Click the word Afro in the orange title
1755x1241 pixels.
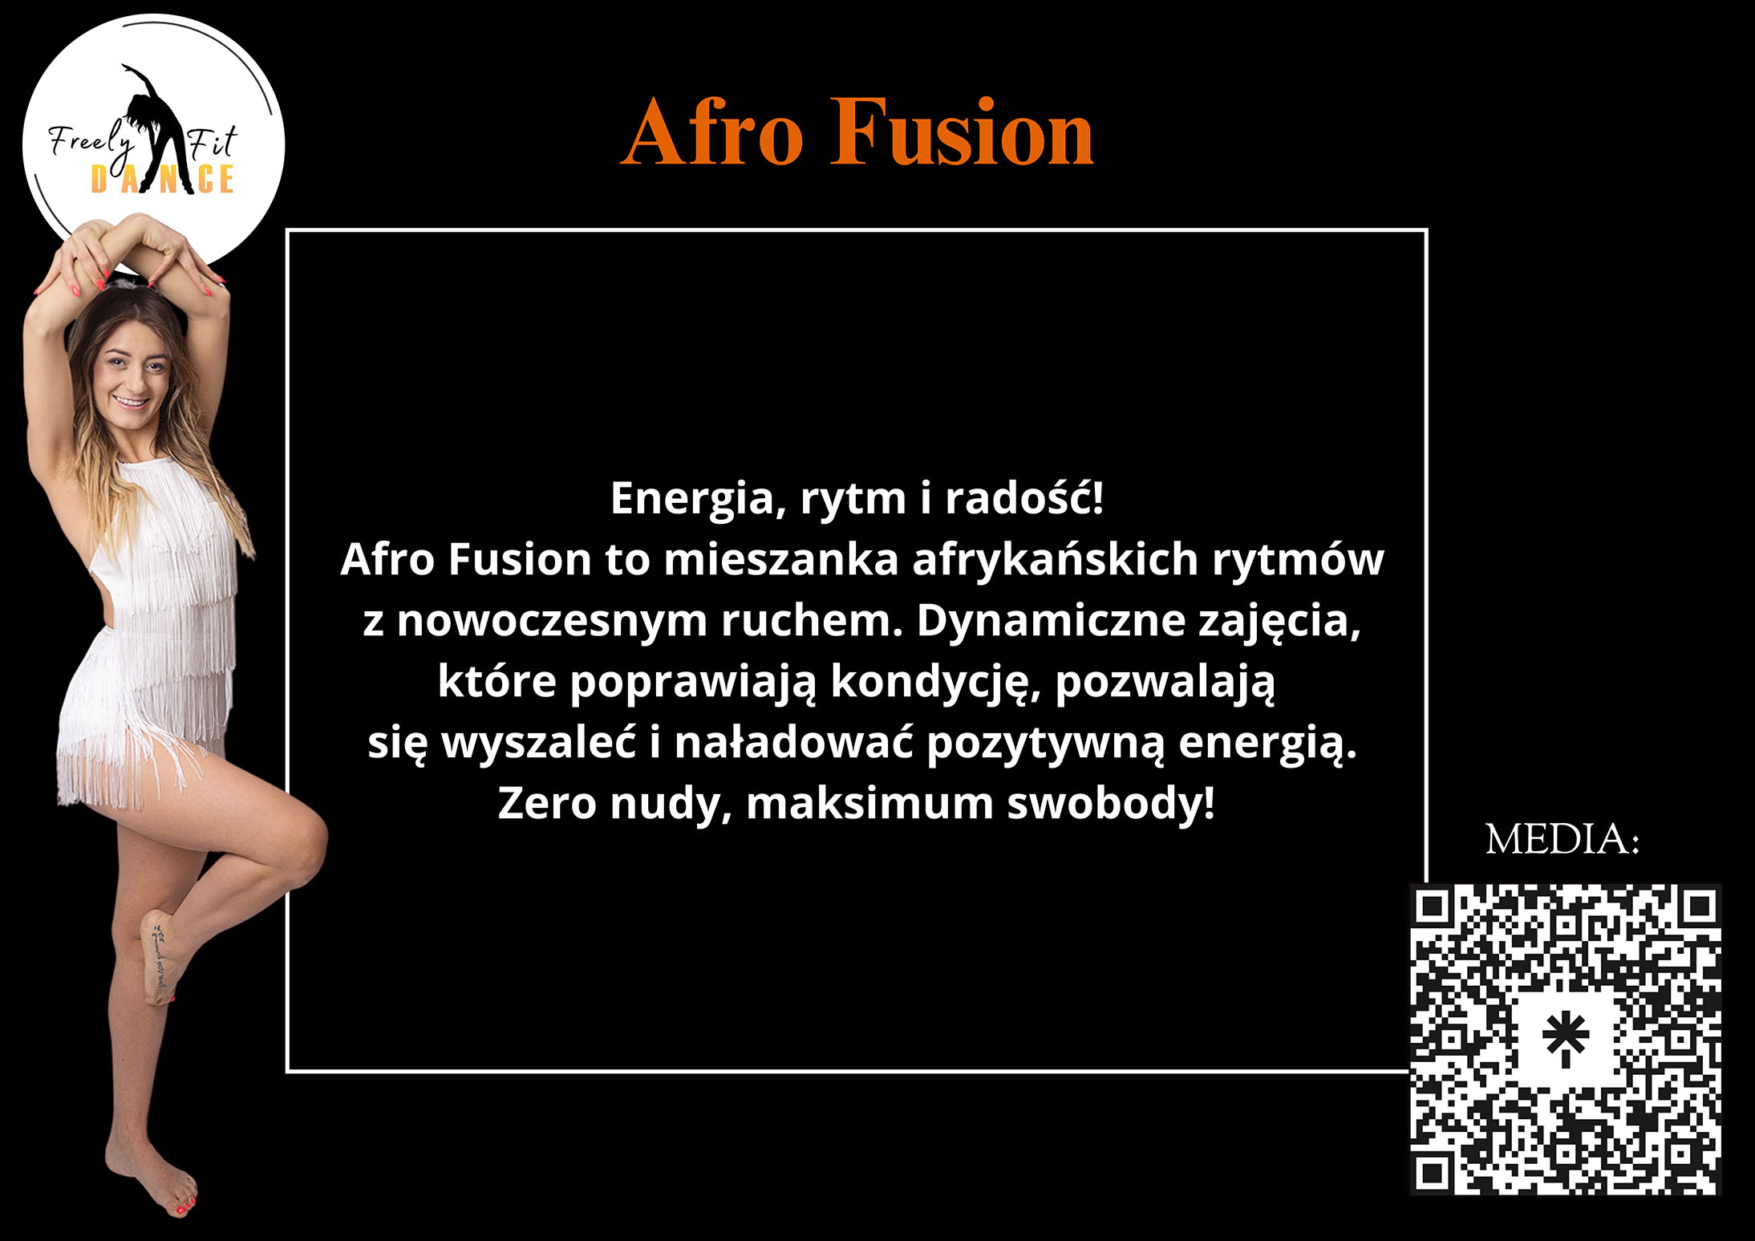711,132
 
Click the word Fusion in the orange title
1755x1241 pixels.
962,132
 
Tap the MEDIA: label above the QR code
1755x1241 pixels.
1562,840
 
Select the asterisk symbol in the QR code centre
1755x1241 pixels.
1565,1039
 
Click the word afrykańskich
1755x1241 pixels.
1055,559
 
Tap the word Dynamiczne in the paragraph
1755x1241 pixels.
1051,621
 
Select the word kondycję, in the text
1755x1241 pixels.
935,683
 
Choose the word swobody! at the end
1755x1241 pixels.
1111,803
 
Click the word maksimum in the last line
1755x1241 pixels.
869,803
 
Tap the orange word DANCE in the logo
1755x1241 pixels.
162,180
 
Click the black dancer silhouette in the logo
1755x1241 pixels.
156,128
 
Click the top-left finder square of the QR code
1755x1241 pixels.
1433,907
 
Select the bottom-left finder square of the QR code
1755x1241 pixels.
1433,1174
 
